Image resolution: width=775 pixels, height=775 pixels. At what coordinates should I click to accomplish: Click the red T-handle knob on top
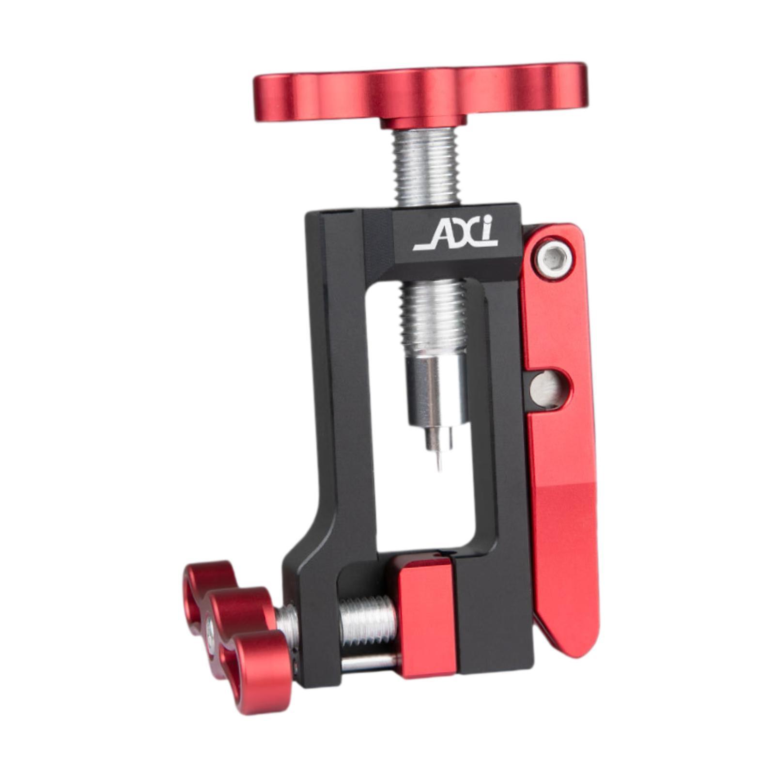pos(420,97)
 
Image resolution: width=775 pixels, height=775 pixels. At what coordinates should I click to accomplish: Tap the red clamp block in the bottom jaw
pos(427,615)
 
